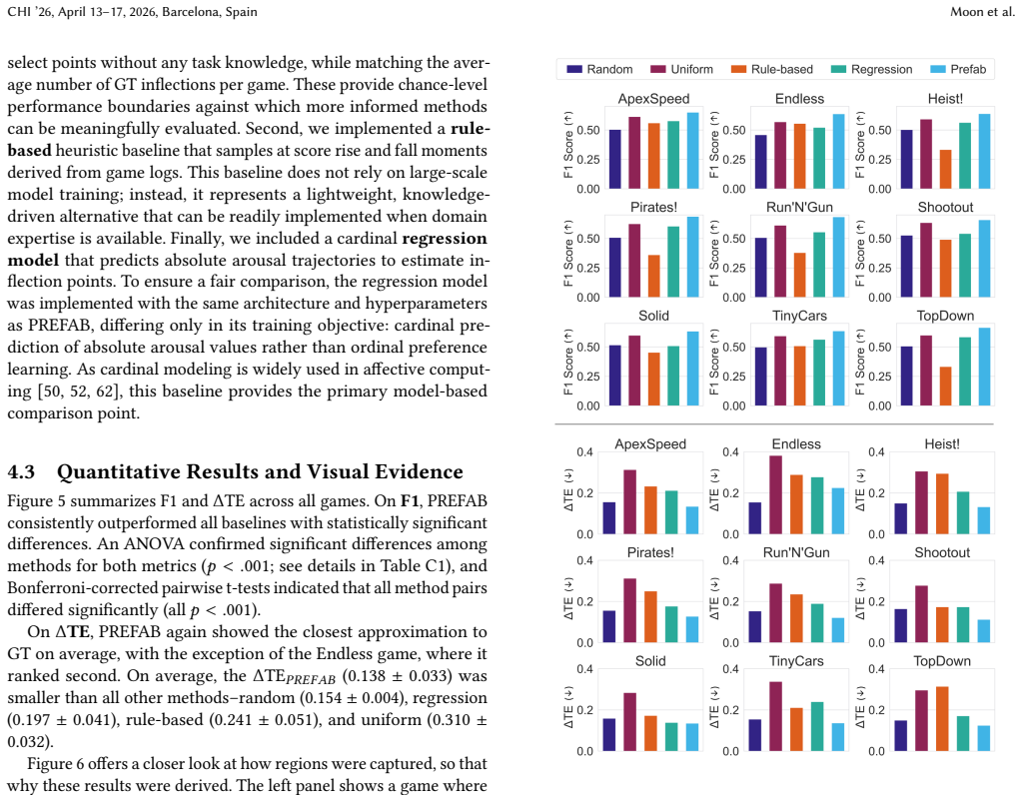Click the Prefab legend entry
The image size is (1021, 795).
click(x=958, y=69)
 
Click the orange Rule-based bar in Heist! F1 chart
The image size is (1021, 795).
click(x=945, y=170)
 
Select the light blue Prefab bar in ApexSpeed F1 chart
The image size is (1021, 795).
click(x=693, y=151)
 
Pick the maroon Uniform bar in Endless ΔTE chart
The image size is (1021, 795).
click(x=775, y=494)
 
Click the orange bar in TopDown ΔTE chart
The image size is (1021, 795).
click(x=941, y=719)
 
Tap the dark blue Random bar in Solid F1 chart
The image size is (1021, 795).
click(x=614, y=376)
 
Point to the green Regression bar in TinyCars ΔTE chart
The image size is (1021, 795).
click(x=816, y=727)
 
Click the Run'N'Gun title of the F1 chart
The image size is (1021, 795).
click(x=799, y=207)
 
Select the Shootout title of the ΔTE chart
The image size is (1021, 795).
click(x=942, y=552)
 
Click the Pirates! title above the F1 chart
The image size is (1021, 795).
click(x=653, y=207)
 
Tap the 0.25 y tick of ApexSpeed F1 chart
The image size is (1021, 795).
click(x=588, y=160)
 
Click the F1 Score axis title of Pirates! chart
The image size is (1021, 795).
click(x=568, y=254)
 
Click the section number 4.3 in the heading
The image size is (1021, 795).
click(x=21, y=471)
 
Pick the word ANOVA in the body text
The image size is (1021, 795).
click(x=156, y=544)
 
